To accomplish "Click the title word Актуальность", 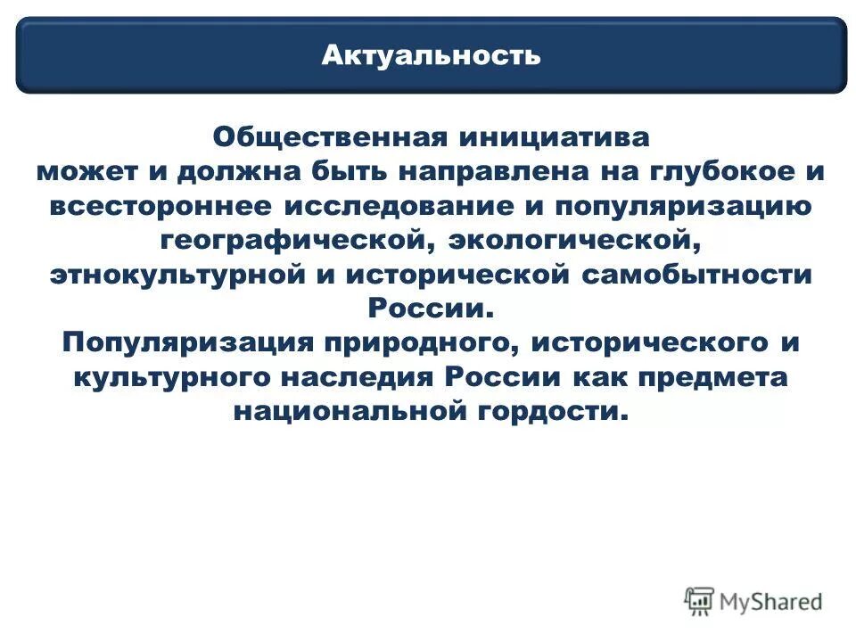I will point(431,55).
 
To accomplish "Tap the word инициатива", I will point(554,138).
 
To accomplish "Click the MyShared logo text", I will point(770,601).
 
